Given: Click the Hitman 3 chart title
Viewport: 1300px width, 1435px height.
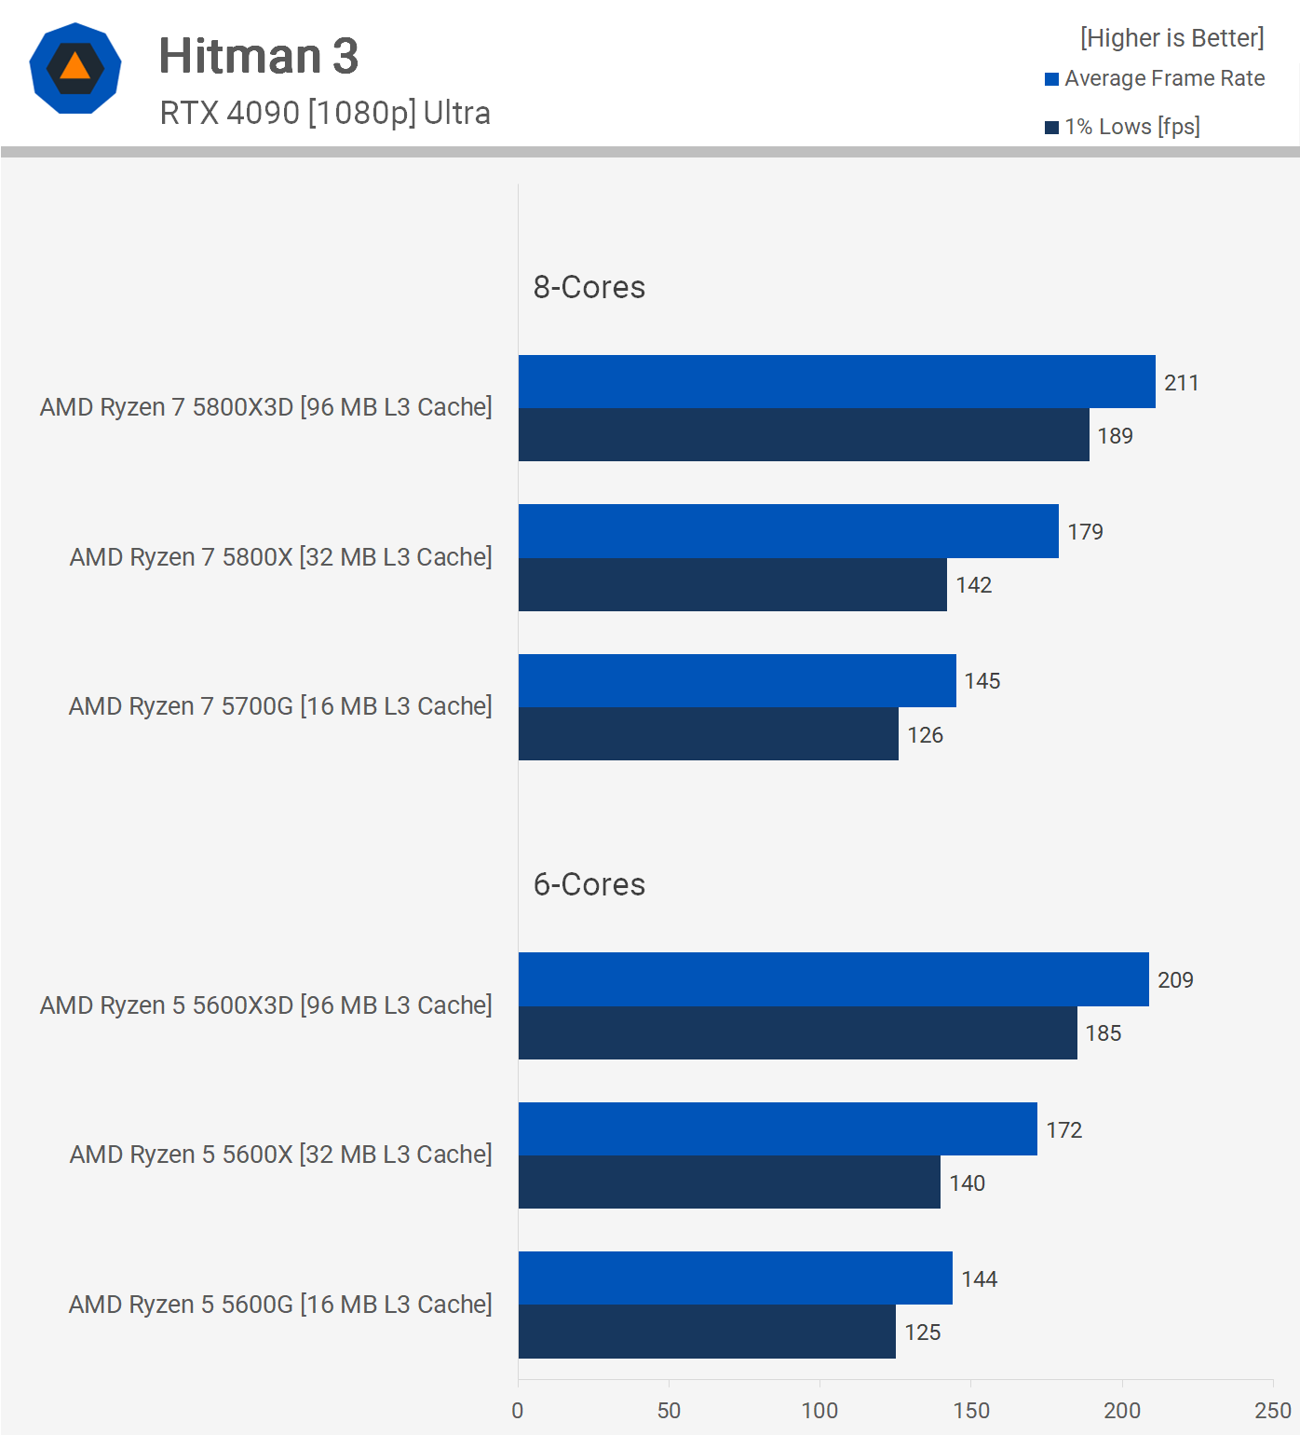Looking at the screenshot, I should [x=258, y=56].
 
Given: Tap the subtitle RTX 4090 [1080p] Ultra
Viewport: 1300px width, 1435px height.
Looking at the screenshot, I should [x=325, y=113].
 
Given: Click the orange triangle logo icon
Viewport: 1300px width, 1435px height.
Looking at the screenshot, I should [x=75, y=68].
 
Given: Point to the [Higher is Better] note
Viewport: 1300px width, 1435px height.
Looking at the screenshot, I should [x=1171, y=38].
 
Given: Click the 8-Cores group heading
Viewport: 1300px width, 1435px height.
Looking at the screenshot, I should [x=589, y=287].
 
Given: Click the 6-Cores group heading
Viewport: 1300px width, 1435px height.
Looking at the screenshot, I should [x=589, y=884].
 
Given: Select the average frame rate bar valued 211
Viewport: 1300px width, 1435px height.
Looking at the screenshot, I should [x=836, y=382].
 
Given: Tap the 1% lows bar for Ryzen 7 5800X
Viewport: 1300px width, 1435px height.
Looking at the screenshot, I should [x=732, y=585].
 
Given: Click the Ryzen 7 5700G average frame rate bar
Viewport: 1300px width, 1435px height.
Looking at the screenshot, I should [x=737, y=681].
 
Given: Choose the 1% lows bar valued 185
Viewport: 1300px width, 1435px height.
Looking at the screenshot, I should [x=797, y=1033].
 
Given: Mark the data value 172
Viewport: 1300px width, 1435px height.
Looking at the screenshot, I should [x=1063, y=1130].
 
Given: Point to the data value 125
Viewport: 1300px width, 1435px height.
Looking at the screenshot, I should [x=922, y=1332].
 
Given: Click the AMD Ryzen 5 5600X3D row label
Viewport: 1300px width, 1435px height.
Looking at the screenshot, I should [x=265, y=1005].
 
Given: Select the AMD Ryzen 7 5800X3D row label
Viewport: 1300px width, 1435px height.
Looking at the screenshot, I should [x=265, y=407].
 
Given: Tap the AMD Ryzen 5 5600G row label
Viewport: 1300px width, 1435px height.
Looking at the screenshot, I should [x=279, y=1305].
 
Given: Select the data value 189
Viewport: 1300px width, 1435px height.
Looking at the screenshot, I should [x=1115, y=436].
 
